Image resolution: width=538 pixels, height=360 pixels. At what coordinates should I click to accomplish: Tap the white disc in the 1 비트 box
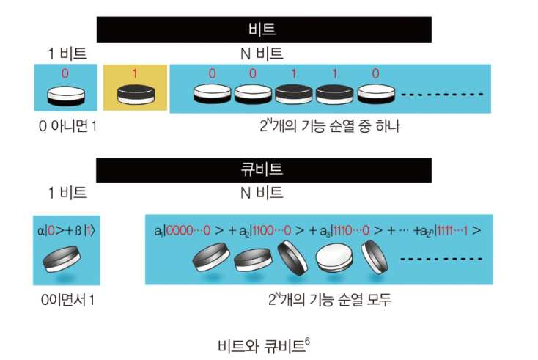(65, 97)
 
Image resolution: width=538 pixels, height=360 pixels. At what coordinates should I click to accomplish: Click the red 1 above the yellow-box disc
(135, 74)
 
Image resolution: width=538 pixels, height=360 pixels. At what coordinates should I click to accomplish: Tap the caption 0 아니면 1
(67, 127)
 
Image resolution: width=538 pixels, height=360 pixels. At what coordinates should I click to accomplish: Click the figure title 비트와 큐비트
(260, 344)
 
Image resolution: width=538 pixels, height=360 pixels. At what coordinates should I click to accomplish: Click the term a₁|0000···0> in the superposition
(184, 229)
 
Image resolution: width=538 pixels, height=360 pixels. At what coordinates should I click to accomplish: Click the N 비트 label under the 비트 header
(262, 54)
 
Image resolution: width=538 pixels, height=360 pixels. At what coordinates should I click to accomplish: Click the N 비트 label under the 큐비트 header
(262, 193)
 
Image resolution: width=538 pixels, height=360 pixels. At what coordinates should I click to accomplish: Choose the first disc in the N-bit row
(212, 94)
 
